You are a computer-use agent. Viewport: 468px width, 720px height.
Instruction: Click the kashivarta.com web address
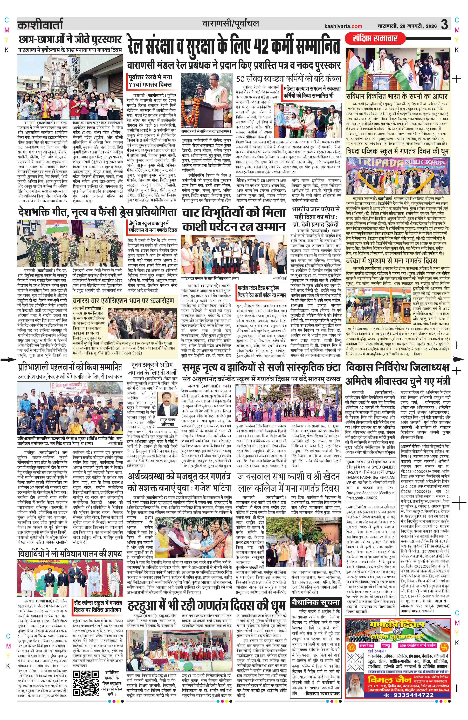pyautogui.click(x=343, y=26)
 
